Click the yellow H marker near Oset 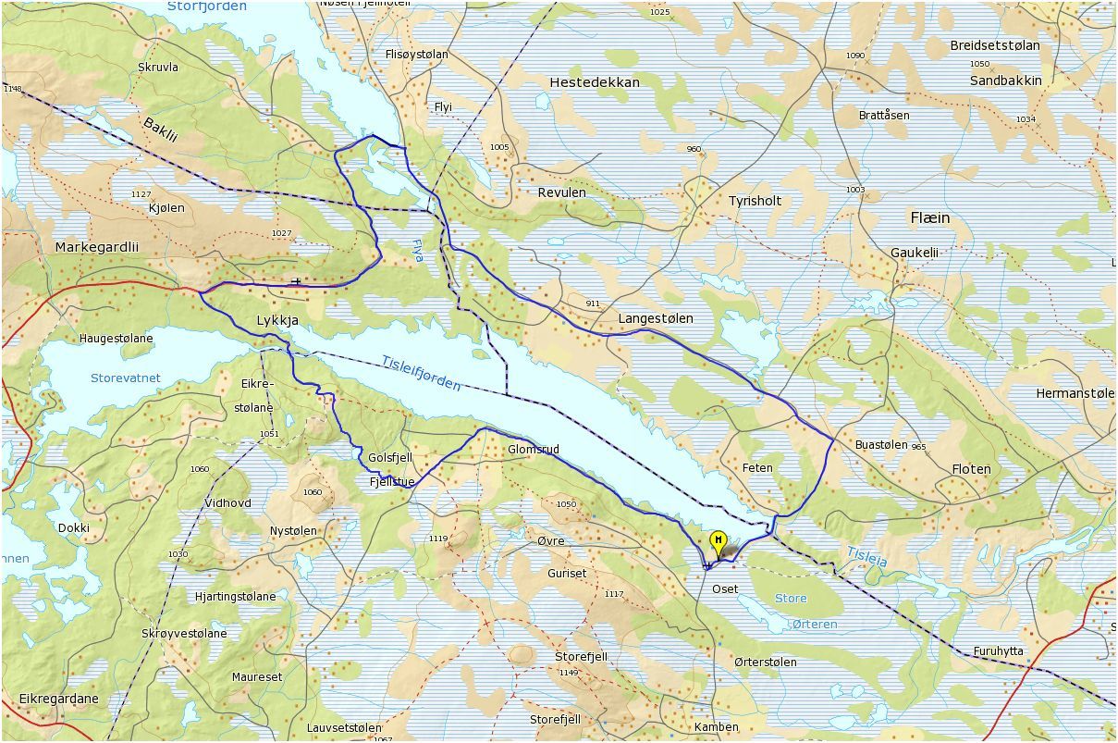coord(717,540)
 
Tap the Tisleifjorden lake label coord(421,373)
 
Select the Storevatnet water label coord(126,378)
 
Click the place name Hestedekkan coord(594,82)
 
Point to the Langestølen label coord(655,318)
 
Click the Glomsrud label coord(534,450)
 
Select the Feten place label coord(757,468)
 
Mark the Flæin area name coord(929,218)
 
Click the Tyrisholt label coord(755,201)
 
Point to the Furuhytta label coord(999,651)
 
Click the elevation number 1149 coord(568,673)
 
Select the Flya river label coord(416,251)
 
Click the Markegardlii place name coord(96,248)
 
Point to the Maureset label coord(257,677)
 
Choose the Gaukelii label coord(914,253)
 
